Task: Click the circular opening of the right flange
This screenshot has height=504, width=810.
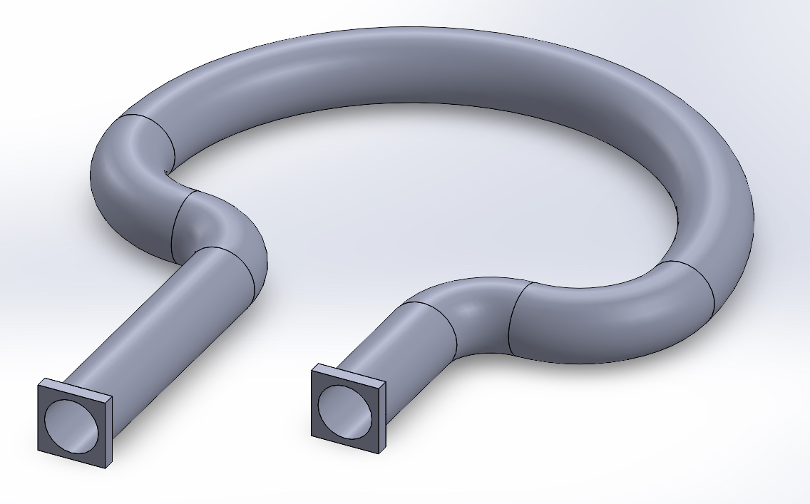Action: pyautogui.click(x=344, y=411)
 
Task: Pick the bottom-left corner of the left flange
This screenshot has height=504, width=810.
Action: pyautogui.click(x=39, y=448)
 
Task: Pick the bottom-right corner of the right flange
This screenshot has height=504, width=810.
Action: pyautogui.click(x=379, y=452)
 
